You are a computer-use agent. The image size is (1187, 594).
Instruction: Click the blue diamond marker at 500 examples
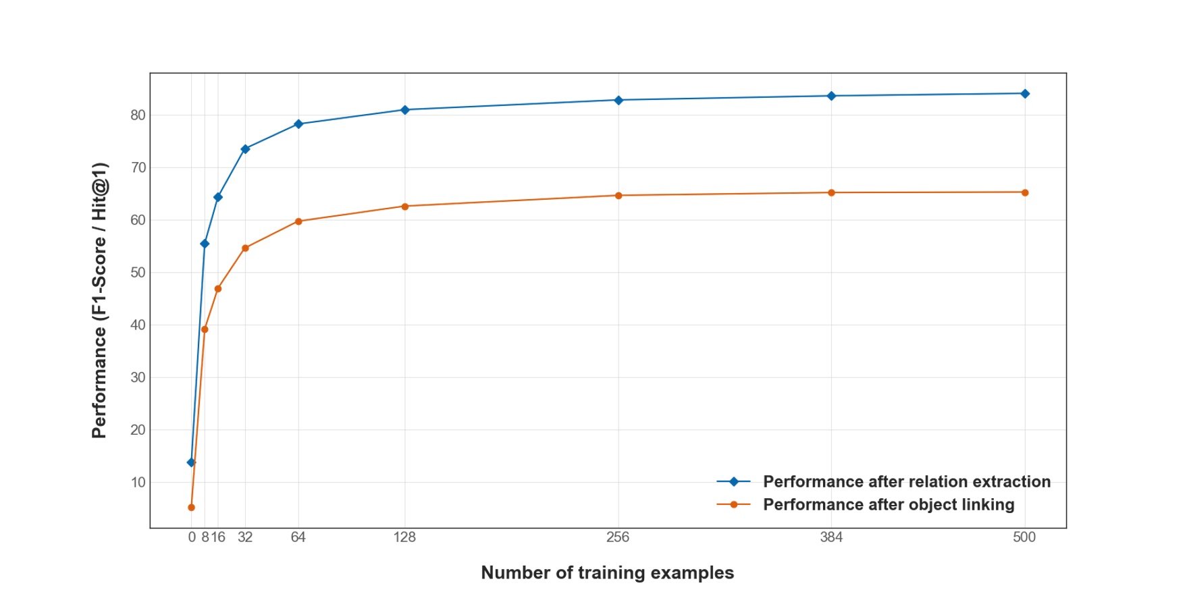point(1024,94)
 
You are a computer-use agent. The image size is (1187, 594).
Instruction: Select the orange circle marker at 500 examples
point(1024,192)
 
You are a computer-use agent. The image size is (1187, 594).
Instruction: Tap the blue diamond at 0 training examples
point(191,462)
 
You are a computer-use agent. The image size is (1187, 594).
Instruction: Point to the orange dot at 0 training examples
point(191,508)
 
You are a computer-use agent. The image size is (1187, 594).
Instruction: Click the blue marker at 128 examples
point(405,110)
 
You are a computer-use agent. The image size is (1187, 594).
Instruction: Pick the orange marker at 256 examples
point(618,196)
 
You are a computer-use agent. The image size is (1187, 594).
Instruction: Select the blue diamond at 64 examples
point(298,124)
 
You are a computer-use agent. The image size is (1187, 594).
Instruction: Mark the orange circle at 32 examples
point(245,248)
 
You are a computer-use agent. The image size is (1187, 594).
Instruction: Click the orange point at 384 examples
point(831,193)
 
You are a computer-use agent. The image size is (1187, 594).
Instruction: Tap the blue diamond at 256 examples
point(618,101)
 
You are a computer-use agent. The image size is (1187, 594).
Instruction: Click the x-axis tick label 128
point(405,537)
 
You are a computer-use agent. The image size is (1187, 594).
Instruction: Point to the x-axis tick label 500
point(1024,537)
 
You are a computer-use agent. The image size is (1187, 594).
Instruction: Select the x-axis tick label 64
point(298,537)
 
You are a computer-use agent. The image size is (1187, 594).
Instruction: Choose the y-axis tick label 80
point(138,115)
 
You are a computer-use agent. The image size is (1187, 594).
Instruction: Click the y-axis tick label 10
point(138,483)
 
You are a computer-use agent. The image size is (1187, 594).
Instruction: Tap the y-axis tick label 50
point(138,273)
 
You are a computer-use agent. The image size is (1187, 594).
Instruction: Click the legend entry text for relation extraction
point(906,482)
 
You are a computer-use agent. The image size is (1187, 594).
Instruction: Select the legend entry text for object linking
point(888,505)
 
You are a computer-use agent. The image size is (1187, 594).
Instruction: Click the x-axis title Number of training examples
point(607,573)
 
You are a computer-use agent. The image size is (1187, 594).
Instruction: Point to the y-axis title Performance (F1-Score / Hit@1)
point(99,300)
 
